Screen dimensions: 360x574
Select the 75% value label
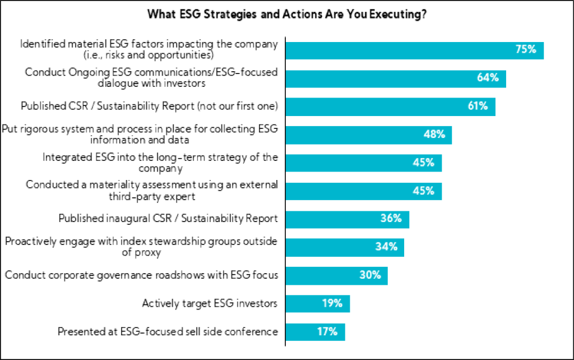coord(526,49)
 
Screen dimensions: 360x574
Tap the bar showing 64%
coord(395,78)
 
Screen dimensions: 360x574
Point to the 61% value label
coord(477,106)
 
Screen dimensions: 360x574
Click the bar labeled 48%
coord(368,135)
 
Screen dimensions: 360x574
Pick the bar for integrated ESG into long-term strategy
coord(363,163)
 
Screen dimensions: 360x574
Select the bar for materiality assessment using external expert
coord(363,191)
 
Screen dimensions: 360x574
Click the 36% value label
coord(391,219)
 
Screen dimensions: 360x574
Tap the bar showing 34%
coord(344,247)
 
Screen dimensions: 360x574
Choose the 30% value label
coord(370,275)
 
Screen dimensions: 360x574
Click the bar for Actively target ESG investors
coord(317,303)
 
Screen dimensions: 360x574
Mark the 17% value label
coord(327,331)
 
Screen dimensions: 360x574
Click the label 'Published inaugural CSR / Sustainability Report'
coord(168,219)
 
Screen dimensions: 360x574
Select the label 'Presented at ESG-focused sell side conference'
coord(168,331)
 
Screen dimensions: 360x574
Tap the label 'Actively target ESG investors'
coord(210,303)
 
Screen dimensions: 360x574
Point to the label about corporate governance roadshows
coord(141,275)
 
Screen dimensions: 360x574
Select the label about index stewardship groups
coord(141,247)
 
